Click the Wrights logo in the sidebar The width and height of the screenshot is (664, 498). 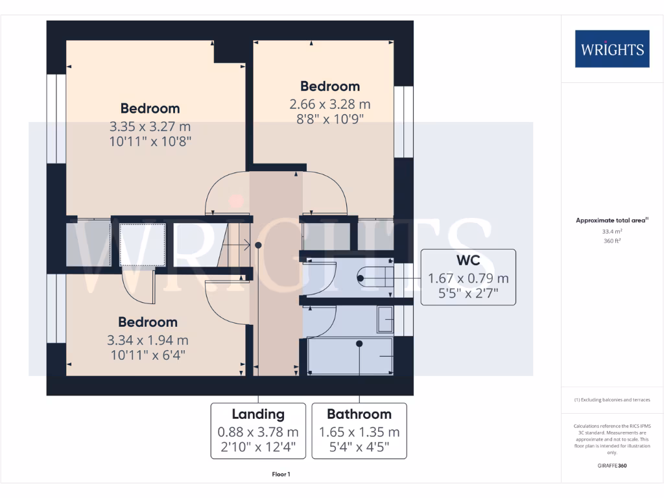pyautogui.click(x=611, y=49)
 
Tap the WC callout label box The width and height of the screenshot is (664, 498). pyautogui.click(x=468, y=277)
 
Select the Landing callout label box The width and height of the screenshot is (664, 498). pyautogui.click(x=258, y=431)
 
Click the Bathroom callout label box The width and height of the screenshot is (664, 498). pyautogui.click(x=359, y=431)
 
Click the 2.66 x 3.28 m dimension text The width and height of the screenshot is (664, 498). pyautogui.click(x=329, y=104)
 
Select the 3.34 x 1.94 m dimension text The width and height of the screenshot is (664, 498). pyautogui.click(x=147, y=340)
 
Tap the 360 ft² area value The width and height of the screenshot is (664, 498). pyautogui.click(x=611, y=241)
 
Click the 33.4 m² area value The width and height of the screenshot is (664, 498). pyautogui.click(x=611, y=231)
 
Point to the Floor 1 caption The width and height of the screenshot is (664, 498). pyautogui.click(x=281, y=475)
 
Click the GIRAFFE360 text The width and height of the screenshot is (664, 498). pyautogui.click(x=611, y=466)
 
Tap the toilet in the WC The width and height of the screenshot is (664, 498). pyautogui.click(x=376, y=278)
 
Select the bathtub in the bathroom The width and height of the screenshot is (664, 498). pyautogui.click(x=351, y=355)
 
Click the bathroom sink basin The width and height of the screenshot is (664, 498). pyautogui.click(x=386, y=318)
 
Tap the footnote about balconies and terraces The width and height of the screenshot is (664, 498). pyautogui.click(x=611, y=400)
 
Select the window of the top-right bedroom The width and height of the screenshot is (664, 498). pyautogui.click(x=403, y=122)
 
